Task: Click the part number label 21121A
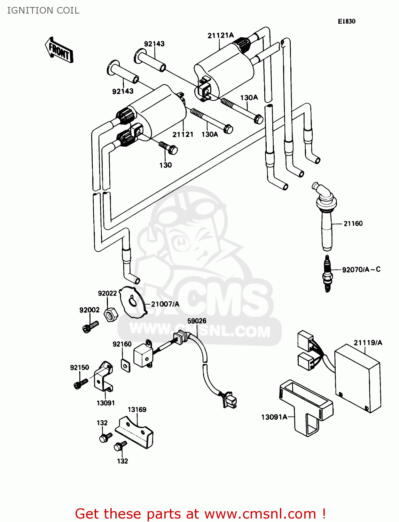pyautogui.click(x=220, y=35)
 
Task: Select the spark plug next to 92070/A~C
pyautogui.click(x=327, y=274)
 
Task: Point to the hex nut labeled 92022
pyautogui.click(x=111, y=315)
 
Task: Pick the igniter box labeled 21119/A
pyautogui.click(x=358, y=378)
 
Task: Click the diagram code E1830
pyautogui.click(x=346, y=21)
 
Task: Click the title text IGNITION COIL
pyautogui.click(x=43, y=10)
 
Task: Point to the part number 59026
pyautogui.click(x=197, y=321)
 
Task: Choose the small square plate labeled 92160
pyautogui.click(x=125, y=365)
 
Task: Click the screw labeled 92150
pyautogui.click(x=80, y=383)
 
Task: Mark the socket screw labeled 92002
pyautogui.click(x=90, y=326)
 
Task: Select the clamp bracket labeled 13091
pyautogui.click(x=103, y=378)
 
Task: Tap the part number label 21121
pyautogui.click(x=183, y=134)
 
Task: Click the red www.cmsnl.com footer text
pyautogui.click(x=200, y=514)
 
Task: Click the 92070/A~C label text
pyautogui.click(x=361, y=269)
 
